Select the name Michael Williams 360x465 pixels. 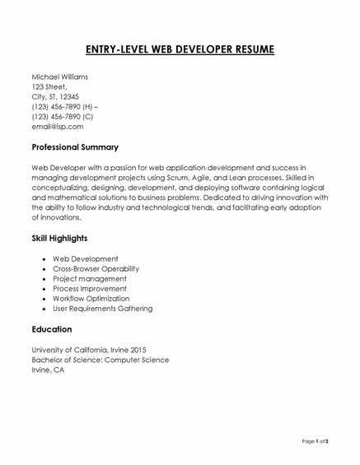tap(59, 77)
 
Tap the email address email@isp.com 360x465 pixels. tap(57, 127)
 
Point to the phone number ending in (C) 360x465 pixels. tap(62, 117)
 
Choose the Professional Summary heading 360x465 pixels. tap(75, 147)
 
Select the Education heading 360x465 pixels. tap(52, 329)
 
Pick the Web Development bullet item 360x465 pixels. tap(86, 258)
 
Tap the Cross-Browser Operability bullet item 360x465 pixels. tap(96, 268)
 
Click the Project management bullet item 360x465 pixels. tap(89, 279)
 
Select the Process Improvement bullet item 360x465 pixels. tap(90, 289)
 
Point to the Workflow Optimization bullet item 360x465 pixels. tap(91, 299)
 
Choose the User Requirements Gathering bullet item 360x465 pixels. tap(102, 309)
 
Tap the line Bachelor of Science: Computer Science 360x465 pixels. tap(100, 360)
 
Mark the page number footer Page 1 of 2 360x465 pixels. tap(315, 442)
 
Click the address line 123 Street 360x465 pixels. tap(49, 86)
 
